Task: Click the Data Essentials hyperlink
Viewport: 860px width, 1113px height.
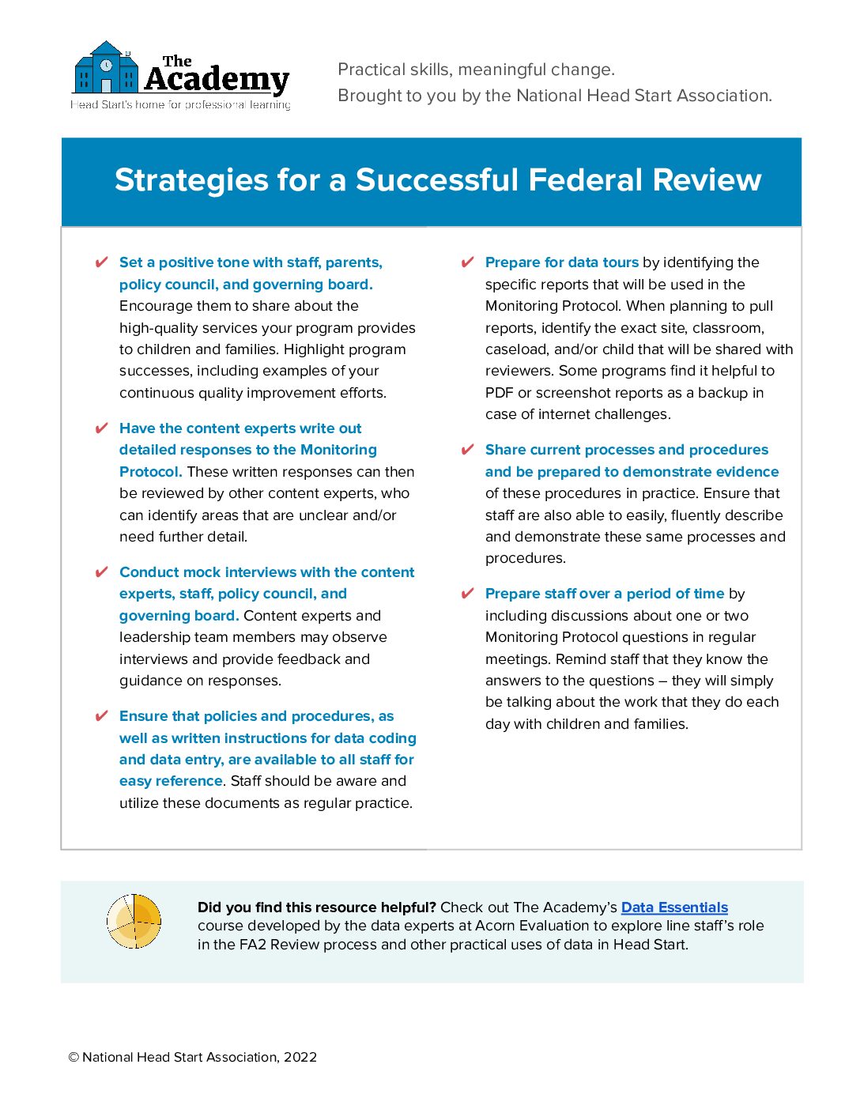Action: click(x=674, y=907)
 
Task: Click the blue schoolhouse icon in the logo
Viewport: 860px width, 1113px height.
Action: click(x=106, y=70)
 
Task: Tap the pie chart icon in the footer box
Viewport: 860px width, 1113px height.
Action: click(x=134, y=921)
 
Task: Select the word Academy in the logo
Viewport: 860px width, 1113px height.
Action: click(x=217, y=80)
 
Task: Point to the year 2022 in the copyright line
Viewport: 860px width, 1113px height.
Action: click(x=300, y=1058)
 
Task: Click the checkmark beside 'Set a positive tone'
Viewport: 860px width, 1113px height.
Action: click(x=101, y=262)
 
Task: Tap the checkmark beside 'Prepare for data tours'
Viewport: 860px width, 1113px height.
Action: click(x=467, y=262)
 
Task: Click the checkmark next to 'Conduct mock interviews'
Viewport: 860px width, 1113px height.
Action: click(x=101, y=572)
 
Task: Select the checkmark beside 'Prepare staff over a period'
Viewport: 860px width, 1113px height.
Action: click(x=467, y=594)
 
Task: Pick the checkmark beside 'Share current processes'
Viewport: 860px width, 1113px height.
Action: click(x=467, y=450)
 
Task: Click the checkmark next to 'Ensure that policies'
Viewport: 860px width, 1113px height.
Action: click(x=101, y=716)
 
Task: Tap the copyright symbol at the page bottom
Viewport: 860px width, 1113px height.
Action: click(x=74, y=1058)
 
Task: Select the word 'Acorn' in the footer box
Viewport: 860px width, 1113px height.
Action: click(x=495, y=926)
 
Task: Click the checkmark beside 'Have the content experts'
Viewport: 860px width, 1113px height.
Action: click(x=101, y=428)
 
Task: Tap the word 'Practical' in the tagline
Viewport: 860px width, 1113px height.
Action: click(x=369, y=70)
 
